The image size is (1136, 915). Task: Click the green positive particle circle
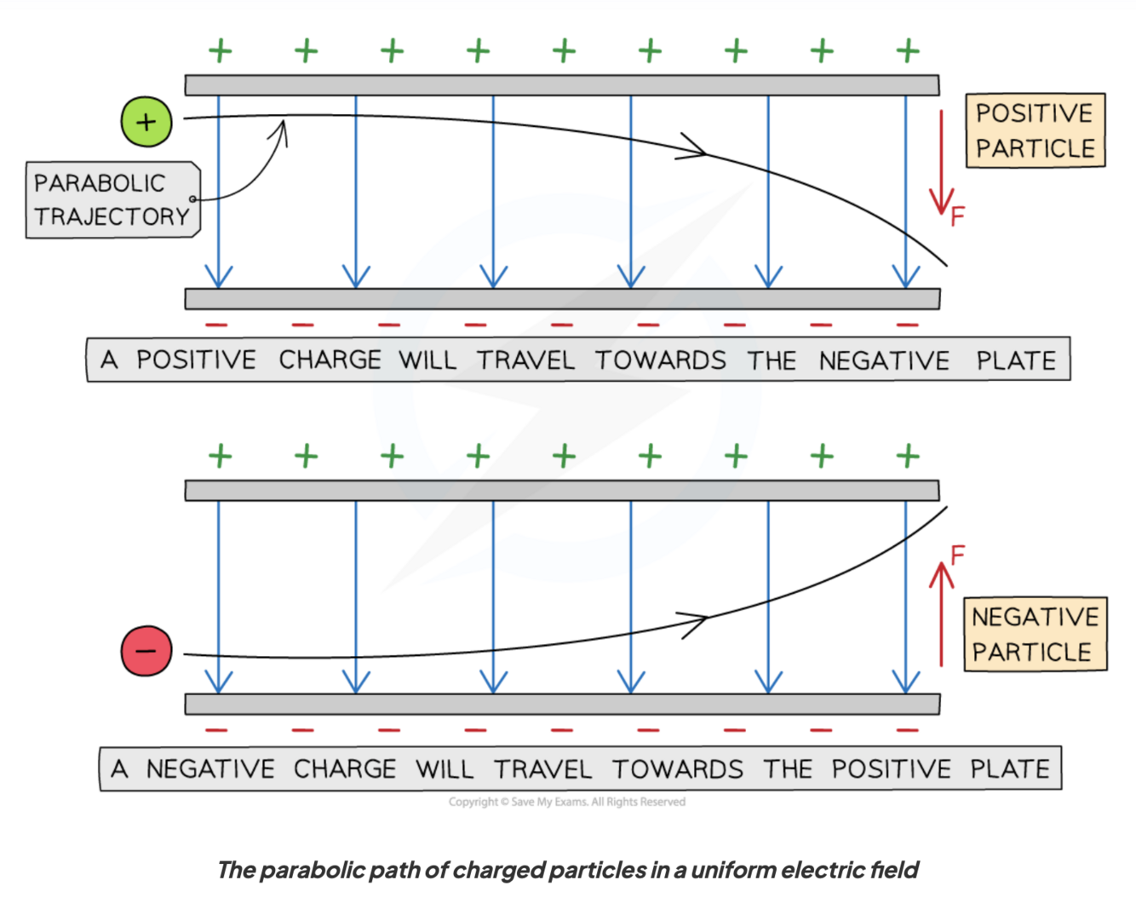146,122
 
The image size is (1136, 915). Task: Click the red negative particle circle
146,651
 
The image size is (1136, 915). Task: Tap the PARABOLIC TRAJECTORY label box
112,200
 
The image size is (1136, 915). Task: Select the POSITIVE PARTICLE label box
1035,130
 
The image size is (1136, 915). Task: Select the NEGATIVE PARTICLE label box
1035,634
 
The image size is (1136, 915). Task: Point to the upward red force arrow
941,613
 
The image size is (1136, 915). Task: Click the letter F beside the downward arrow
958,216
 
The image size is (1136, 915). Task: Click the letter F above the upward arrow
958,555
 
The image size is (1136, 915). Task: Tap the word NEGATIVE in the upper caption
884,360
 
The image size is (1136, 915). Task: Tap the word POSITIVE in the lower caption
891,768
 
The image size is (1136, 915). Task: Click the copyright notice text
566,802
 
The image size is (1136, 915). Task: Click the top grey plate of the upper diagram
562,85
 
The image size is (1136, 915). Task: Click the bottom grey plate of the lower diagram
562,704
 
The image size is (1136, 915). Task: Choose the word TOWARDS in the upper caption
660,360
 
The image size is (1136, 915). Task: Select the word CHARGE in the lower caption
345,768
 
